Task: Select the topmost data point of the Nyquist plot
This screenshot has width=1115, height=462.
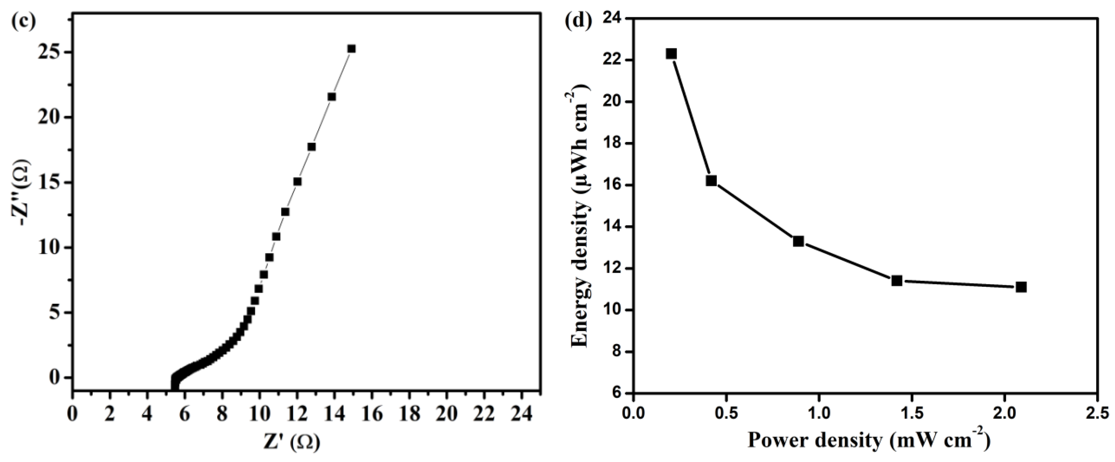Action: click(x=351, y=49)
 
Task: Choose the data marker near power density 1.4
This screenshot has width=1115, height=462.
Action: click(x=897, y=281)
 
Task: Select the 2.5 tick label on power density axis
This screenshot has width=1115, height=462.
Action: click(x=1096, y=413)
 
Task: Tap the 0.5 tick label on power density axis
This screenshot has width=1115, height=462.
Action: click(x=726, y=413)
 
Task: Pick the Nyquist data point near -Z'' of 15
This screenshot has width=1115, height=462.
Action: click(x=297, y=181)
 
